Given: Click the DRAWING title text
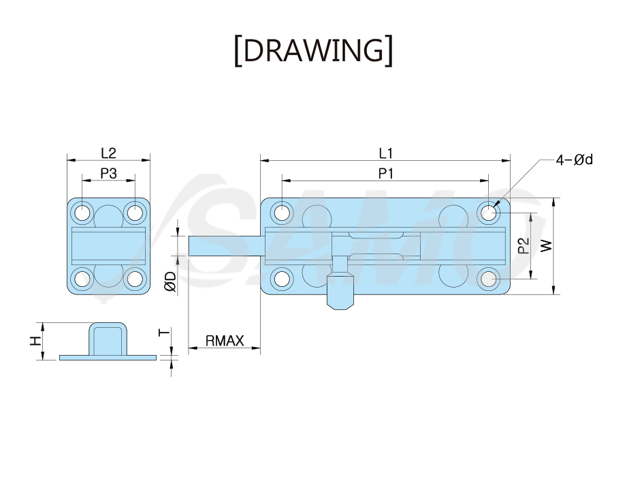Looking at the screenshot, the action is (313, 50).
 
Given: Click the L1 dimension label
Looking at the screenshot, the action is (386, 153).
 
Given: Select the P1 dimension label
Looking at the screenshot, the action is (386, 173).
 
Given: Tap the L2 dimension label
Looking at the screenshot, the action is (108, 153).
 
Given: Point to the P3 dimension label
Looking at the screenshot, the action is (108, 173).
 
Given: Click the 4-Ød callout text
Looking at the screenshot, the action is (574, 159).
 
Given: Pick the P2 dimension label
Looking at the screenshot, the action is (524, 246).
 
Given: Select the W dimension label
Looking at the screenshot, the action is (546, 246).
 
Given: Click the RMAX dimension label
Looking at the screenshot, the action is (225, 341).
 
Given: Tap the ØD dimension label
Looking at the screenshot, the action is (170, 281).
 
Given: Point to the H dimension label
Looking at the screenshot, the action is (35, 341).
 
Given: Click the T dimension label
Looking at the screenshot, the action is (164, 332).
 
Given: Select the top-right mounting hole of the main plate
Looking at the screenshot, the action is (488, 212).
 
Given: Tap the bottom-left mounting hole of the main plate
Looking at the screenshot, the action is (282, 279).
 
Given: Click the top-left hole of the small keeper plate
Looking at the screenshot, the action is (83, 212).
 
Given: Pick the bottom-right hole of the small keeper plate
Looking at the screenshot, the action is (135, 279).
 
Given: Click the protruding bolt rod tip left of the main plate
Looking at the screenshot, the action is (224, 246).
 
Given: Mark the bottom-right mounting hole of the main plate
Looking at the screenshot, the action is (488, 279).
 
